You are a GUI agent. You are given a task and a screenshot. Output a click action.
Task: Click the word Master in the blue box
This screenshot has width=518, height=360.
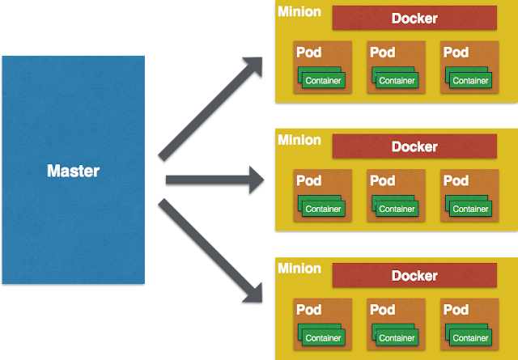(x=73, y=171)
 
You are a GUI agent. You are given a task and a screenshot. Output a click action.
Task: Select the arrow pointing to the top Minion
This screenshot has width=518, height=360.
(x=210, y=109)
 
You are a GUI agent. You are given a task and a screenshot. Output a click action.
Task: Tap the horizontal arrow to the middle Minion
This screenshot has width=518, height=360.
(x=214, y=180)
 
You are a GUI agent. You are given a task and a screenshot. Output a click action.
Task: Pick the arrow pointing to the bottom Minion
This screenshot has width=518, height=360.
(x=210, y=251)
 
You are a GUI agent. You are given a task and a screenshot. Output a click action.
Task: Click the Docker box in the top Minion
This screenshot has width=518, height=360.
(x=414, y=18)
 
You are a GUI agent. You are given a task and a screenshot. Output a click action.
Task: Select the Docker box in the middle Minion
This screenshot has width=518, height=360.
(x=414, y=146)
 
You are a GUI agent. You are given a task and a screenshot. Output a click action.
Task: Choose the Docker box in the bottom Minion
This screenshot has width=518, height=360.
(x=414, y=275)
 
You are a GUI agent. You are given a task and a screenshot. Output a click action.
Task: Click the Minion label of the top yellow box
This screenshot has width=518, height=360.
(x=299, y=11)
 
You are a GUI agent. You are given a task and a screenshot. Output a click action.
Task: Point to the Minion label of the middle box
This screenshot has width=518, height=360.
(x=299, y=140)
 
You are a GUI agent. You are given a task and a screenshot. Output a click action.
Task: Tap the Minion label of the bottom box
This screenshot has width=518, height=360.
(x=299, y=269)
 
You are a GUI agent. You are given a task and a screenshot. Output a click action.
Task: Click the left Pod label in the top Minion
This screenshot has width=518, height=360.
(x=309, y=53)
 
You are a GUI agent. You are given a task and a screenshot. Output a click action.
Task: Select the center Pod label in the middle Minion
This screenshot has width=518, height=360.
(x=383, y=180)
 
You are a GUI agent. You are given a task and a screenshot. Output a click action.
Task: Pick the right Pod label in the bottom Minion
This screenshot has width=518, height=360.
(x=456, y=310)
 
